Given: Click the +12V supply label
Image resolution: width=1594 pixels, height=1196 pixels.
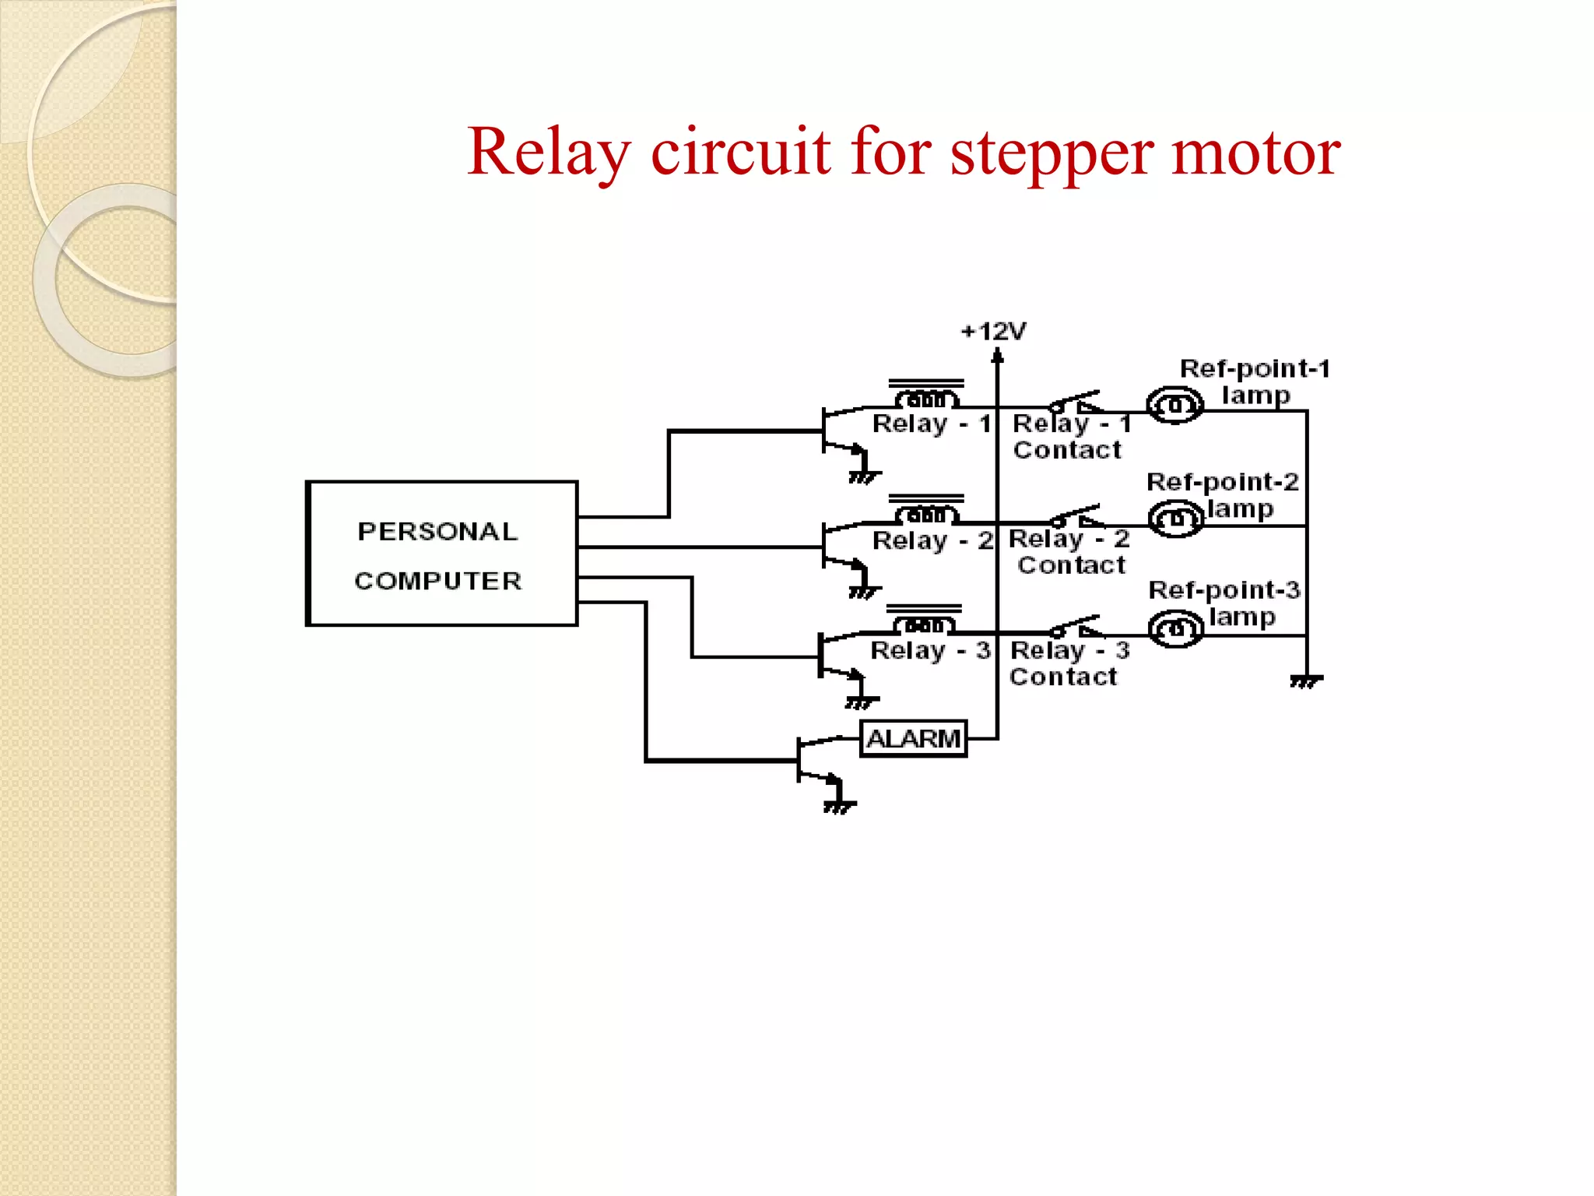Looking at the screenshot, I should [994, 332].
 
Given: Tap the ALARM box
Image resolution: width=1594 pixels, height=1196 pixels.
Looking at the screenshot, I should [913, 738].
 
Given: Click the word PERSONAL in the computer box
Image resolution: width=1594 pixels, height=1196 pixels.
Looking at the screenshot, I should [437, 532].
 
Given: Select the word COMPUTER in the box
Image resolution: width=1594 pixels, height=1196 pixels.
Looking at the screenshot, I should [437, 581].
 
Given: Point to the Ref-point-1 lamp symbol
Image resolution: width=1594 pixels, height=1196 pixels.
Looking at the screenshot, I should [1175, 405].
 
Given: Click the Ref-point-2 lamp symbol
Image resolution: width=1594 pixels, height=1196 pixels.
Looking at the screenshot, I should [1176, 519].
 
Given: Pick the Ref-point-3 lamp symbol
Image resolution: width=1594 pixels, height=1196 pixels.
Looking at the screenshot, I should [1176, 629].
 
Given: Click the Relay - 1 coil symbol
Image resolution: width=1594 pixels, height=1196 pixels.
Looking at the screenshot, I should [926, 399].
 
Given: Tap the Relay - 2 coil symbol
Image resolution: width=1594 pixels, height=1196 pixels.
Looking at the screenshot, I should [926, 514].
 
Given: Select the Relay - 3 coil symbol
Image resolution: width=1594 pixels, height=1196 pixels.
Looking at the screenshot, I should [924, 624].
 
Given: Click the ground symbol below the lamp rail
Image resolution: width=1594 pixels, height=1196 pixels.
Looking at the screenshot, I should [1306, 681].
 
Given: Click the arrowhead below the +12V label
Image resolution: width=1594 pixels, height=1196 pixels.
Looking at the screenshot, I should [997, 357].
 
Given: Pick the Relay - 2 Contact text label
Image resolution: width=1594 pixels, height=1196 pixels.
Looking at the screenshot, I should [1070, 551].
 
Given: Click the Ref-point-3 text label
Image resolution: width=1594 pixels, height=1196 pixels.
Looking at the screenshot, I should [1224, 590].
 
